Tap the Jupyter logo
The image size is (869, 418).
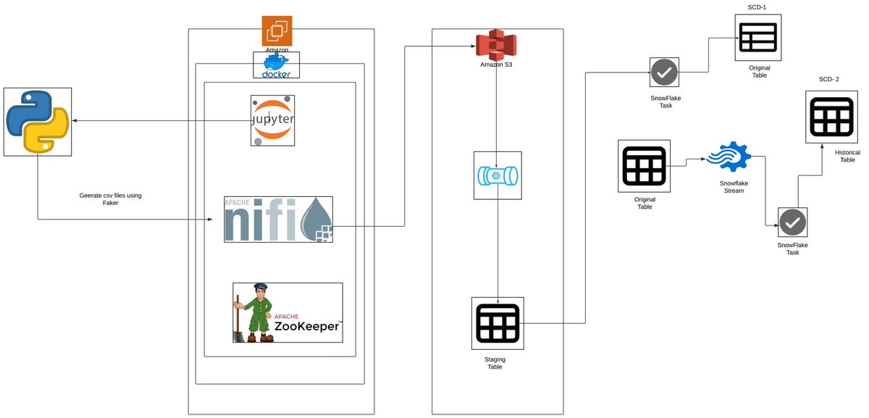[272, 120]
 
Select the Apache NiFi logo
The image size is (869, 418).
[278, 219]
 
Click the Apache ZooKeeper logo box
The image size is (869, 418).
[287, 312]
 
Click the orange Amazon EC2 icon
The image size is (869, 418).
[277, 31]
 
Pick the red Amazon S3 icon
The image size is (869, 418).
[495, 45]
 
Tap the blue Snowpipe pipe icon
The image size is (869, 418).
[497, 175]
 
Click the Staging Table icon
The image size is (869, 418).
[497, 322]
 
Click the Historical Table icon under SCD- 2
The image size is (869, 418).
[826, 117]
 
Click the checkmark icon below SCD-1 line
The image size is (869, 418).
[664, 73]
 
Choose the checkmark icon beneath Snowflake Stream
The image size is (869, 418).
[792, 222]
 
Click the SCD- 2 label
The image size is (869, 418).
[826, 79]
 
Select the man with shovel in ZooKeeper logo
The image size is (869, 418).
[256, 312]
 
